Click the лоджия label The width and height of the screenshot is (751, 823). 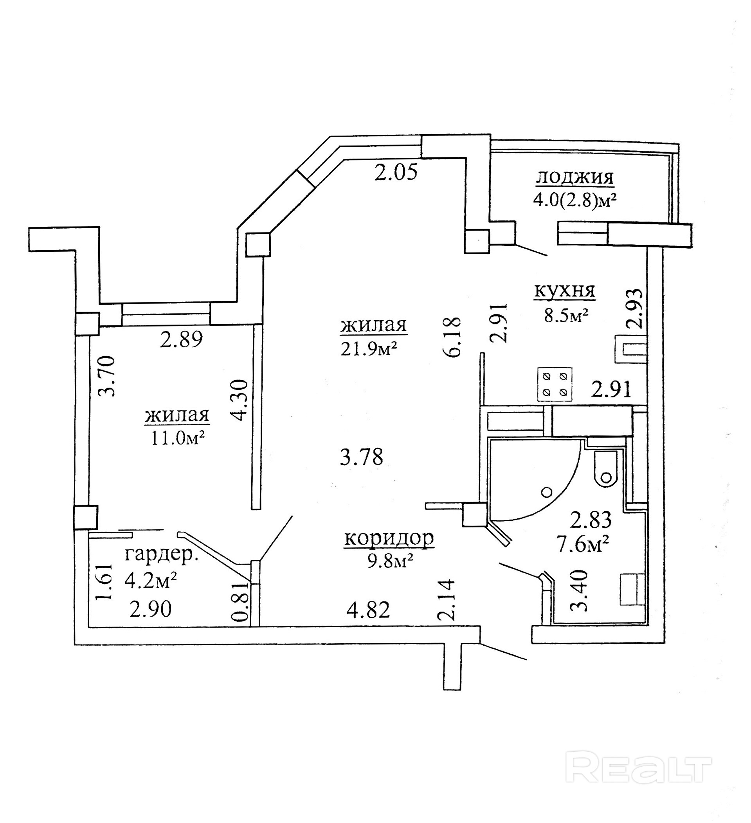574,178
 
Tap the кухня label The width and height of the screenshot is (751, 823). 564,291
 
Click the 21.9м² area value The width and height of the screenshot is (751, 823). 369,349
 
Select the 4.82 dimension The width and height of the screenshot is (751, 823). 368,610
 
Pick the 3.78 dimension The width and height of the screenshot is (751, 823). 362,457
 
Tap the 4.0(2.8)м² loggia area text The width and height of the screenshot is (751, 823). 574,200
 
